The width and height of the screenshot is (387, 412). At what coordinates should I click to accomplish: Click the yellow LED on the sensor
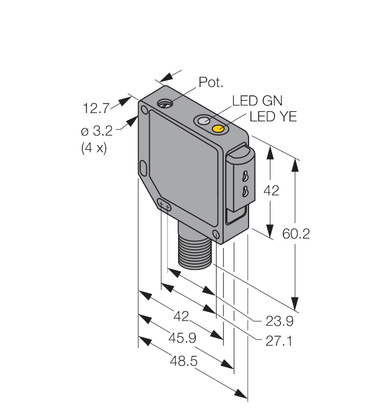click(x=218, y=128)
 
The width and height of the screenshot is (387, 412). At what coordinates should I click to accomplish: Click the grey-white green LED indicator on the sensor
click(x=204, y=121)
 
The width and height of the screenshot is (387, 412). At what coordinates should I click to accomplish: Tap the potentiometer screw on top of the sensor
click(x=165, y=103)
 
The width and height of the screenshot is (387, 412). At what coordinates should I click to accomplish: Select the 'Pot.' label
click(x=211, y=82)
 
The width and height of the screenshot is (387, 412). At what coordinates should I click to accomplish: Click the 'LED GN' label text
click(x=257, y=101)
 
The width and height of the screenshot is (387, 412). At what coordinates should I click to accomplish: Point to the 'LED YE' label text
click(x=273, y=117)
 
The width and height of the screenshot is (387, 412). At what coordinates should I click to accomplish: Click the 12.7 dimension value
click(x=96, y=108)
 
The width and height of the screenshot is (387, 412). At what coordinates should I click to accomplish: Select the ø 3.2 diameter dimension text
click(x=96, y=131)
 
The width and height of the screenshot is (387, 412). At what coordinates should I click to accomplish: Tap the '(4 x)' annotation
click(x=94, y=148)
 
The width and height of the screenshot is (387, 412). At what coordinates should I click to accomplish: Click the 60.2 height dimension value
click(x=296, y=234)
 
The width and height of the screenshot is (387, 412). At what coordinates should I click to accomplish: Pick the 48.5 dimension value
click(x=183, y=360)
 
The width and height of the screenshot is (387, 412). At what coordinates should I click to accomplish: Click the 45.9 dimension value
click(x=182, y=338)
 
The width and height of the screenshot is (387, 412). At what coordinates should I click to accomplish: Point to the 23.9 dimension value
click(x=279, y=321)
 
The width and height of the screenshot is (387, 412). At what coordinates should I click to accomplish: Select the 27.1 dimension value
click(x=279, y=341)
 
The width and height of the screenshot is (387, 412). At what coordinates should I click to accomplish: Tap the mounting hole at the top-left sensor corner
click(x=144, y=110)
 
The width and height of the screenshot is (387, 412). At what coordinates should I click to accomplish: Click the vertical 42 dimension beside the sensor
click(x=271, y=190)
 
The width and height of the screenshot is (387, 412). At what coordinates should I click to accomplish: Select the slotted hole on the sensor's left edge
click(x=143, y=169)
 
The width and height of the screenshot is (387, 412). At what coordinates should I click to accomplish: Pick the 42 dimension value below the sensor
click(x=181, y=316)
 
